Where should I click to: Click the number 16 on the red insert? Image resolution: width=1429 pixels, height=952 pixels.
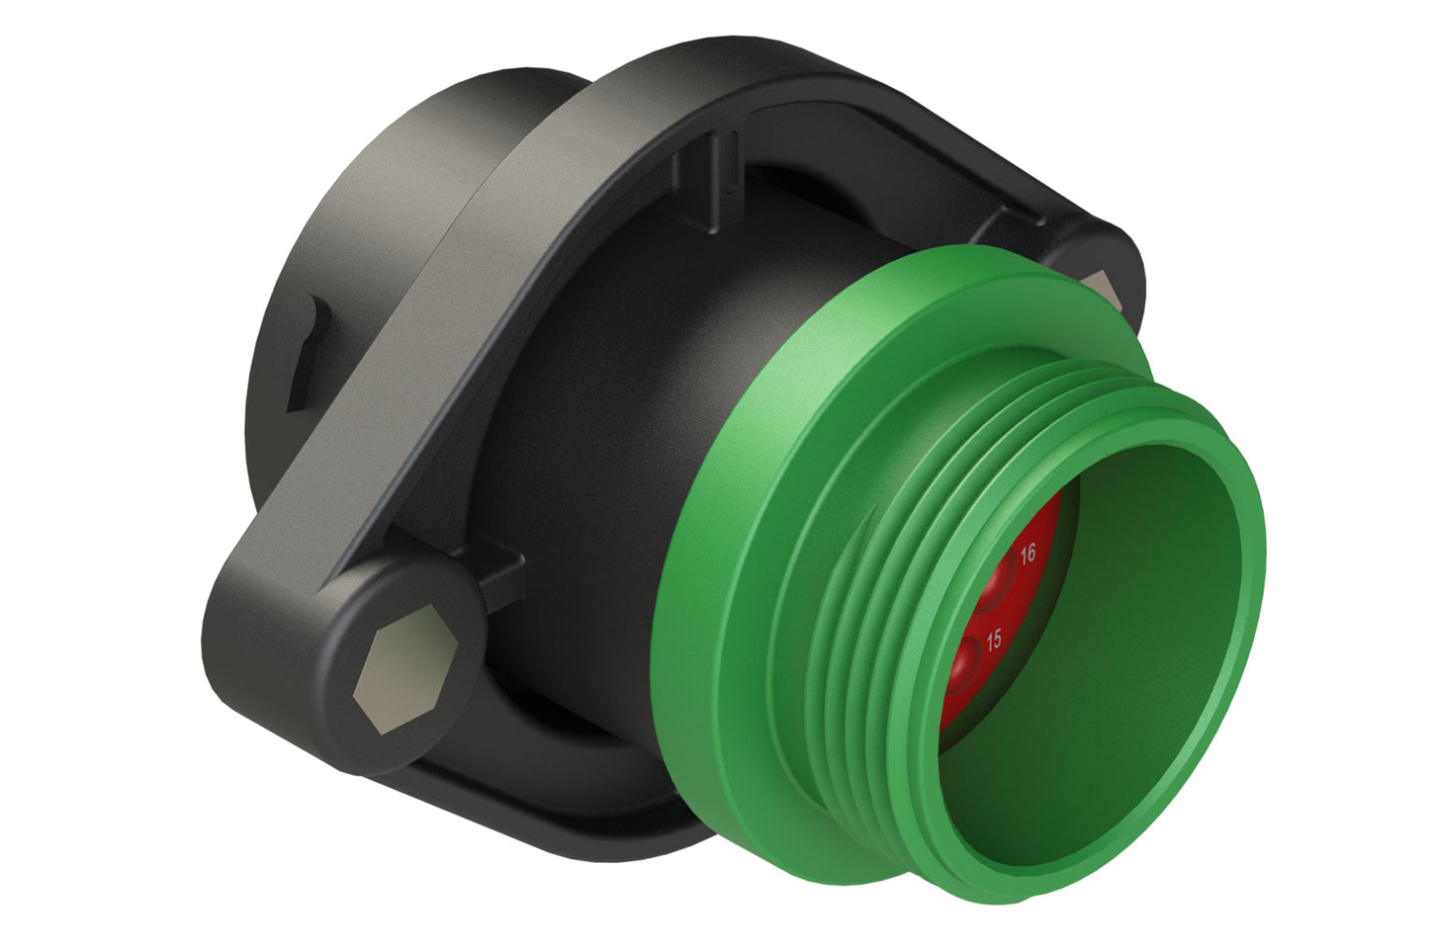coord(1027,554)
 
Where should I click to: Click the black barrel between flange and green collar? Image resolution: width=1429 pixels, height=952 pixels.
coord(613,395)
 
